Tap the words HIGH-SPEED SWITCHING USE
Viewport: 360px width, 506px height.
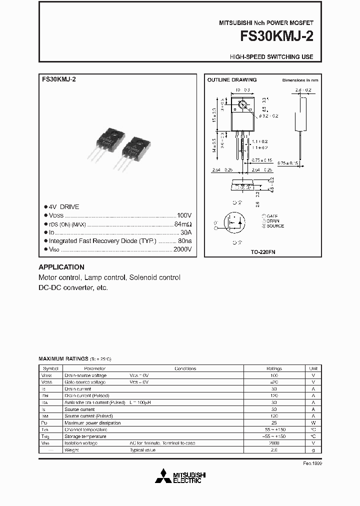tap(271, 57)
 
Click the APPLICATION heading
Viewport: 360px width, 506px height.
tap(61, 267)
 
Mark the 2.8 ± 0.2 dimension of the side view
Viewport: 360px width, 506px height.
tap(303, 90)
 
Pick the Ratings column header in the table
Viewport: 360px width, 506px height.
tap(273, 368)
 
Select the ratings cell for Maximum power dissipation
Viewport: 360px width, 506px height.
tap(273, 422)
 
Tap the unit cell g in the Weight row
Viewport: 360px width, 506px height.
tap(313, 450)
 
